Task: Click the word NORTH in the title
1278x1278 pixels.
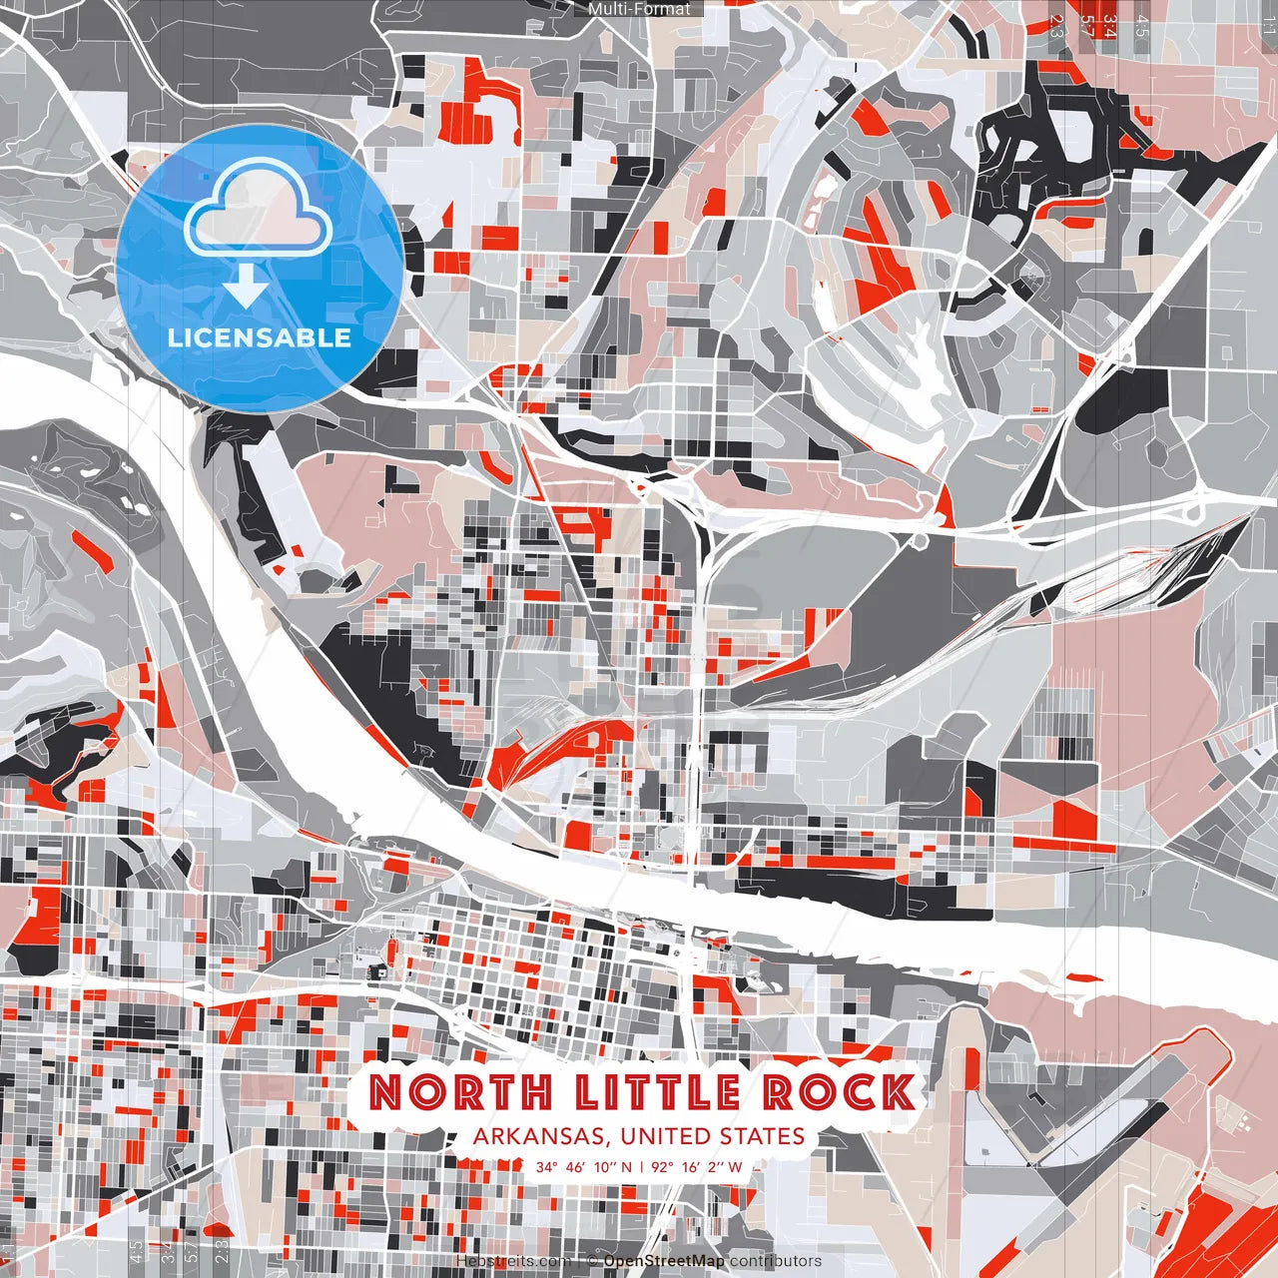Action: (x=459, y=1092)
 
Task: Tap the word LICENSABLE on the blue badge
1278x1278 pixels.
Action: (x=260, y=337)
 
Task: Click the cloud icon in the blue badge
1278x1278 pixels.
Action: (x=259, y=212)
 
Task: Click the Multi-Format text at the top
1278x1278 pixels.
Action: (x=639, y=9)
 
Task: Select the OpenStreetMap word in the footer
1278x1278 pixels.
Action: (x=664, y=1261)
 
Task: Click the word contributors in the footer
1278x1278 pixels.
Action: (x=776, y=1261)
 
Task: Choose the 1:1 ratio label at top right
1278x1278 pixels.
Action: (x=1268, y=24)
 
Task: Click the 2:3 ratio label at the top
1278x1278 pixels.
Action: (x=1056, y=26)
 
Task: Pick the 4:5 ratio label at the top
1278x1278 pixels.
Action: (x=1142, y=26)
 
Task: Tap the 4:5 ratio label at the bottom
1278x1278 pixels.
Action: (x=136, y=1252)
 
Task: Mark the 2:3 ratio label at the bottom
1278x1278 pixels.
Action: (x=222, y=1252)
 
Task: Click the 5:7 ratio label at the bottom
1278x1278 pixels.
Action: (x=192, y=1252)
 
